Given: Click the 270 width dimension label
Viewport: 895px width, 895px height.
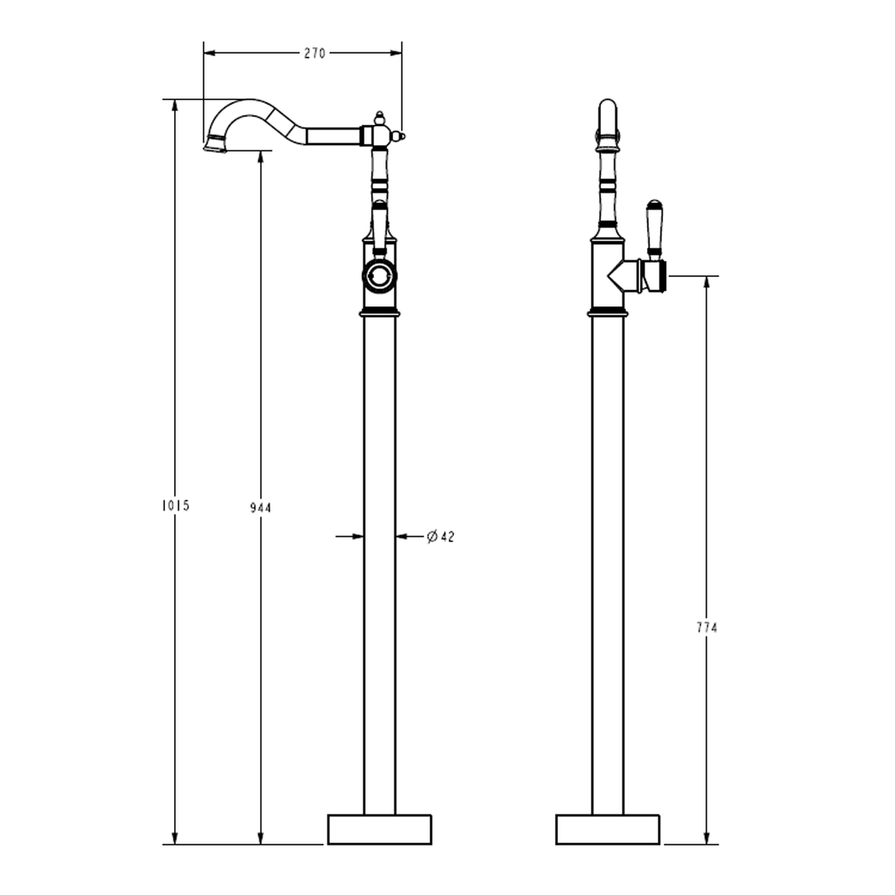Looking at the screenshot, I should point(315,53).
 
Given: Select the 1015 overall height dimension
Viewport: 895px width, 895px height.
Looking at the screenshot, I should point(176,506).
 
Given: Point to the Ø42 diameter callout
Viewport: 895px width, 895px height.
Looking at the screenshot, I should point(441,537).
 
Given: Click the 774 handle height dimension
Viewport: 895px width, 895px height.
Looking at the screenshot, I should point(706,627).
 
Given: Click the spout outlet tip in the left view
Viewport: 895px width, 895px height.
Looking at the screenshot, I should point(215,147).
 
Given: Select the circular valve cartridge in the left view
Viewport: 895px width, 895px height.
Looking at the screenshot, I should point(380,276).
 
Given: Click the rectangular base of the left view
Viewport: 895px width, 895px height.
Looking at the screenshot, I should point(380,829).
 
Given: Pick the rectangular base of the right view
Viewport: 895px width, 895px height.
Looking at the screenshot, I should point(607,829).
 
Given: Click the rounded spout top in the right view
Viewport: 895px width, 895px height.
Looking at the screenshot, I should point(607,112).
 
